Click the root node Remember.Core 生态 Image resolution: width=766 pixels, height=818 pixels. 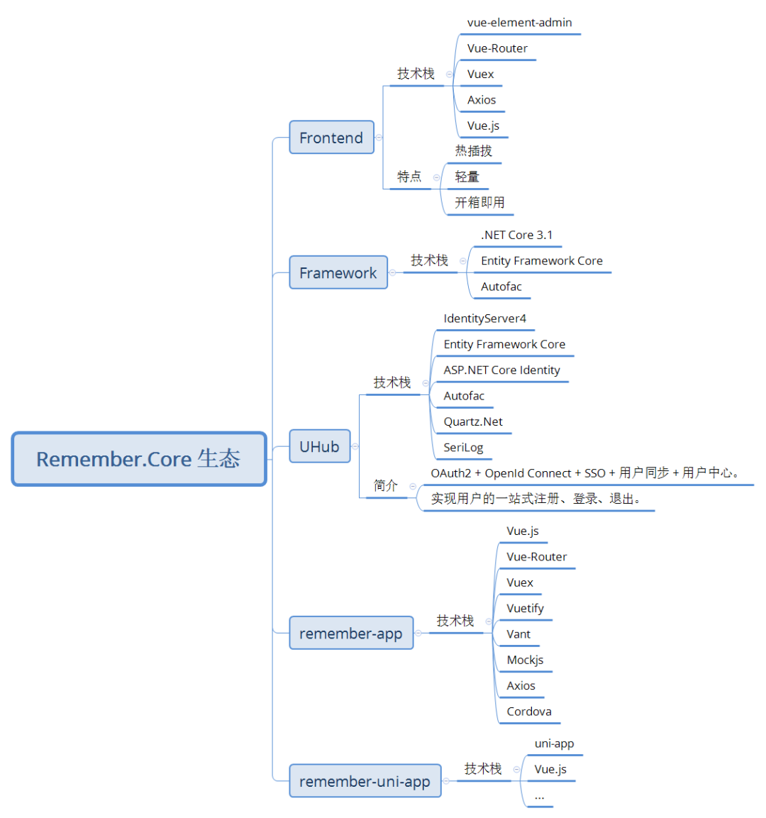point(139,459)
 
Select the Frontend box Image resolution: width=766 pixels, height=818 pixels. point(332,137)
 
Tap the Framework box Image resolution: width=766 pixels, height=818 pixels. point(338,272)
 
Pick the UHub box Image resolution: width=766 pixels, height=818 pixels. point(320,446)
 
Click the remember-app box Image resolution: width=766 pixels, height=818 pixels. point(352,633)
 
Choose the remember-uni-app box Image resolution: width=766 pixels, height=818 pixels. point(365,781)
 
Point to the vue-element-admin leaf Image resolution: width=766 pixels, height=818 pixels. point(519,23)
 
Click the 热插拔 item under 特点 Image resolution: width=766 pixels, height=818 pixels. point(474,151)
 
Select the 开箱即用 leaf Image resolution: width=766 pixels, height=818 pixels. point(479,202)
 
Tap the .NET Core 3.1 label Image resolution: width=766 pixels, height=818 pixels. point(517,236)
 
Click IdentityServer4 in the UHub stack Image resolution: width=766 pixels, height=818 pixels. point(485,319)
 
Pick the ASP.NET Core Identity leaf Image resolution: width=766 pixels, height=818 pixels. point(501,370)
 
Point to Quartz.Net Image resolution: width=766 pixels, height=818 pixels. point(473,421)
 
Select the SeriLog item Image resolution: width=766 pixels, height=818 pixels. point(463,448)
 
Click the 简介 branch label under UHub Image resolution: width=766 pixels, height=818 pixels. point(386,486)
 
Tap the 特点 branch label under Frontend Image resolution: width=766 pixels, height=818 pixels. point(409,177)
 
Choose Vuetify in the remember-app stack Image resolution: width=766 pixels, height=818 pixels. point(525,608)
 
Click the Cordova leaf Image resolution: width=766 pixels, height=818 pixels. point(528,712)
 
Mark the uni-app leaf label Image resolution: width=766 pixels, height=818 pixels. point(555,744)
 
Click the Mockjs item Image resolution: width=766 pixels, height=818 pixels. point(525,660)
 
